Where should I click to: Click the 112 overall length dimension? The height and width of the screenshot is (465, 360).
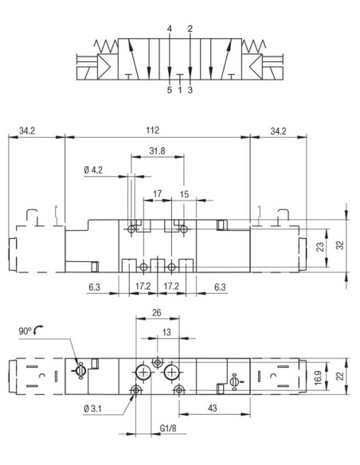tap(152, 131)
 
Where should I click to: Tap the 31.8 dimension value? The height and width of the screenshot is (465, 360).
tap(157, 151)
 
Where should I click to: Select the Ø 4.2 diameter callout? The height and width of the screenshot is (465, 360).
tap(93, 170)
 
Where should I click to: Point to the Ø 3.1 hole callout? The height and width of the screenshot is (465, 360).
tap(92, 409)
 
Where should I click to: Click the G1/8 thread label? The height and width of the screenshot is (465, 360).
tap(168, 428)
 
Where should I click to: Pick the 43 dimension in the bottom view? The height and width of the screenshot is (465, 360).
tap(213, 408)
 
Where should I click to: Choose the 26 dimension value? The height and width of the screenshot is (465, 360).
tap(157, 313)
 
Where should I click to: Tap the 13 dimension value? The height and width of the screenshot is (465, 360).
tap(166, 332)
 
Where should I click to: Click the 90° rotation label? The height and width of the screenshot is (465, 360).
tap(25, 331)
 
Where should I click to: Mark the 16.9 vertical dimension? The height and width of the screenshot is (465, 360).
tap(318, 377)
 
